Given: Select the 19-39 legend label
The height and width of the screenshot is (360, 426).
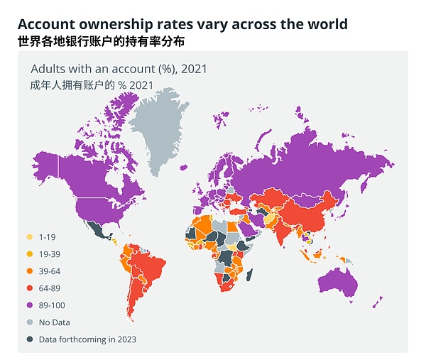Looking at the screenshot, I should (50, 253).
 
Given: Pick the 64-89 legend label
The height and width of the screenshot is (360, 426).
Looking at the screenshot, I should (50, 288).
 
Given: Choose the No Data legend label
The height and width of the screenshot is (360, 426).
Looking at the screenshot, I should (55, 322).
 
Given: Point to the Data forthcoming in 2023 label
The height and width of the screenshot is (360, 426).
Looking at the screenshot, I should (87, 339).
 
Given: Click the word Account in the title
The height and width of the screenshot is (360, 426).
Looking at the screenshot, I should (48, 23).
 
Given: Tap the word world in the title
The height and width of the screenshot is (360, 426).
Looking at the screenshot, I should (326, 23).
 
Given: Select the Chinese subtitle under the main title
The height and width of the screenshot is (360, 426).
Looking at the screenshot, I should (100, 42).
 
